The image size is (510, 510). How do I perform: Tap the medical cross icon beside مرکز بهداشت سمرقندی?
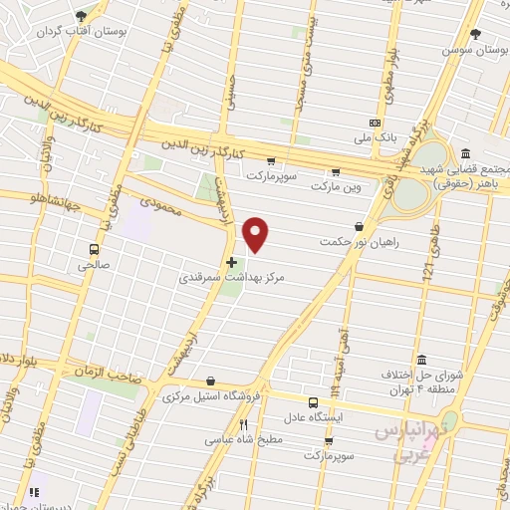click(232, 263)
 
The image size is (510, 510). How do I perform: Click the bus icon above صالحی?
click(94, 249)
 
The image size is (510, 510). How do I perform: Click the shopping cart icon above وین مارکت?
click(335, 170)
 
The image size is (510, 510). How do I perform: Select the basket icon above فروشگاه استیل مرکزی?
click(210, 381)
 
